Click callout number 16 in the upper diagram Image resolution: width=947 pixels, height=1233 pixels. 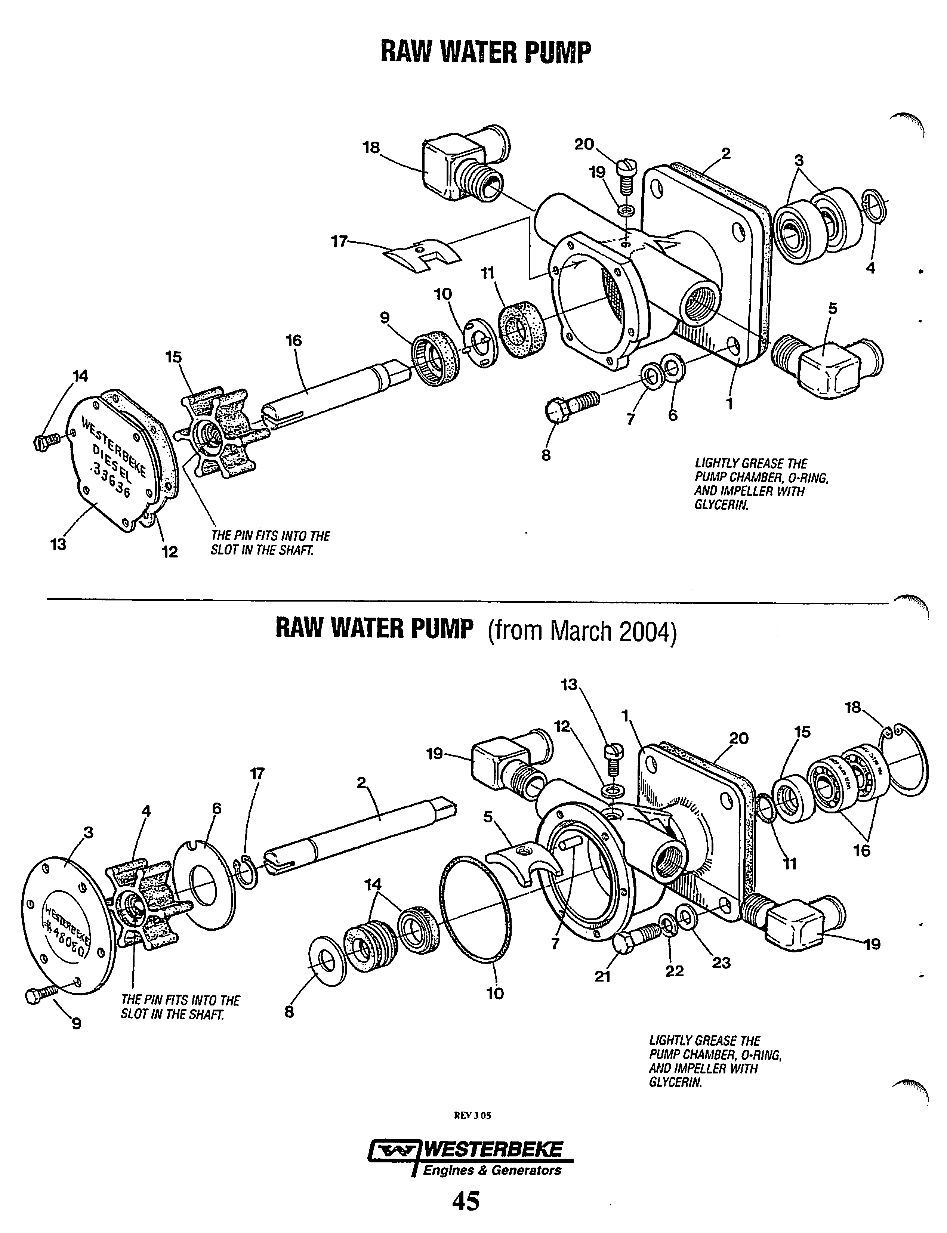pyautogui.click(x=294, y=341)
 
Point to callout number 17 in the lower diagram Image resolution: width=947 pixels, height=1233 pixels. pyautogui.click(x=257, y=774)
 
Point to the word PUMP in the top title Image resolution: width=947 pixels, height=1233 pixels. pyautogui.click(x=558, y=52)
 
